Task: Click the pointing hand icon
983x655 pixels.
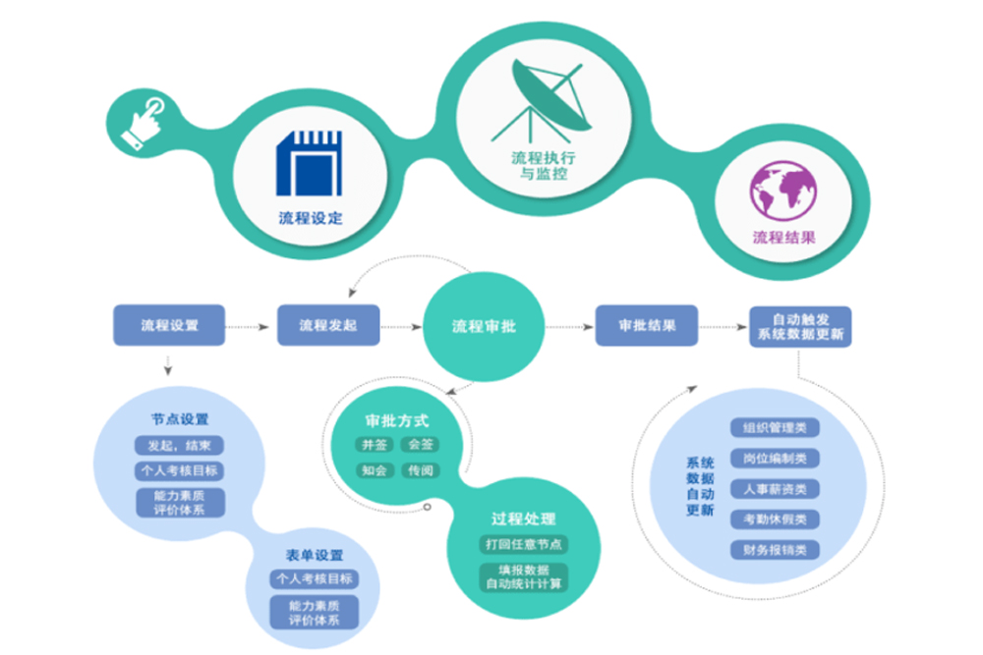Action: [143, 123]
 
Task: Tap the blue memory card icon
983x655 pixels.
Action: [309, 163]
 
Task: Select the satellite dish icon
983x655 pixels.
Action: [542, 100]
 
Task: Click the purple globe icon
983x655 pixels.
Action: [783, 191]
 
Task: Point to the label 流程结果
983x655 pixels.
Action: [783, 238]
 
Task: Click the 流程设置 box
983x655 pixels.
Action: [169, 325]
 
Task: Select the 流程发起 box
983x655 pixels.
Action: [328, 325]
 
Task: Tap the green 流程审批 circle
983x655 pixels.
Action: [484, 326]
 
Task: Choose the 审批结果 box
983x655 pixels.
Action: [647, 326]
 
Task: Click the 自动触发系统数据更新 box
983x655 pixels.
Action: [800, 327]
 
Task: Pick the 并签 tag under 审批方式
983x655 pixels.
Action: [375, 445]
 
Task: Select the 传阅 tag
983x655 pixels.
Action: [421, 470]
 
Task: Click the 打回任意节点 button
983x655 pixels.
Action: [524, 544]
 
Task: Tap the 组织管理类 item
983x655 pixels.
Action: [775, 428]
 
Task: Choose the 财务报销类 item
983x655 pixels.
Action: [775, 550]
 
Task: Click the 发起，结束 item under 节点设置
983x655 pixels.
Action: [179, 446]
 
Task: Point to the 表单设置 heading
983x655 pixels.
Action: [315, 556]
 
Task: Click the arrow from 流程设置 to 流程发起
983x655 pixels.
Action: [248, 327]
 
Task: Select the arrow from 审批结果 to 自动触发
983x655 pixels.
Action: [723, 327]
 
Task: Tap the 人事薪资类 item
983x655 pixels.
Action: [775, 489]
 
